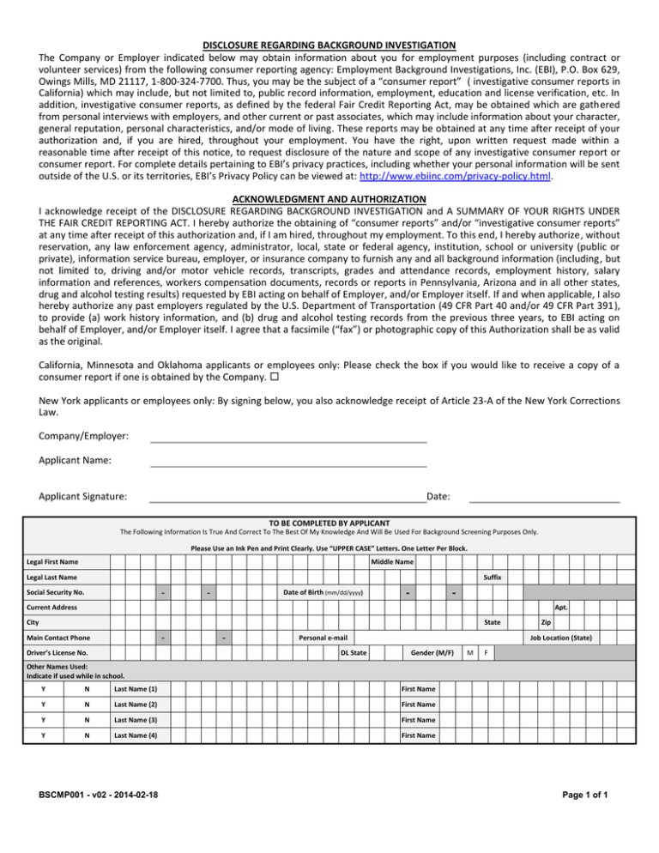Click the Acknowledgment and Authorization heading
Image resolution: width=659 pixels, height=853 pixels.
(329, 200)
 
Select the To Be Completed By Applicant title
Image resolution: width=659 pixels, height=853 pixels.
(329, 523)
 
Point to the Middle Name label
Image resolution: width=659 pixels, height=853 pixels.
(392, 562)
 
